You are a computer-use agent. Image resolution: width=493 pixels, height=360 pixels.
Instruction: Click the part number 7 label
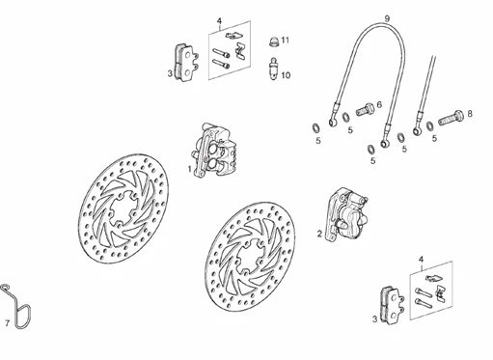pyautogui.click(x=8, y=322)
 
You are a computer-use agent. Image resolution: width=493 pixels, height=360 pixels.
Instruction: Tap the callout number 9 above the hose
pyautogui.click(x=387, y=18)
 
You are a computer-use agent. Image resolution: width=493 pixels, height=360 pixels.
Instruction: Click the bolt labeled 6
pyautogui.click(x=365, y=109)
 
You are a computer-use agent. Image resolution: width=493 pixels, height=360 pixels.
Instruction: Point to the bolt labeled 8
pyautogui.click(x=451, y=118)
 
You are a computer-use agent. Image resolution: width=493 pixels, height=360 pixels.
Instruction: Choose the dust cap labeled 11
pyautogui.click(x=273, y=42)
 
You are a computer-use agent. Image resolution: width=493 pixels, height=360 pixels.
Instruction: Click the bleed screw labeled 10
pyautogui.click(x=273, y=69)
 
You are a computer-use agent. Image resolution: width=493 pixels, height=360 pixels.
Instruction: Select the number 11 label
pyautogui.click(x=286, y=41)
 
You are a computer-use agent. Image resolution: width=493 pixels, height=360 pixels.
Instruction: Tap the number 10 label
pyautogui.click(x=286, y=75)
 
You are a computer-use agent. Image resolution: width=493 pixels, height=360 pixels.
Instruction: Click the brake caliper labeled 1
pyautogui.click(x=214, y=151)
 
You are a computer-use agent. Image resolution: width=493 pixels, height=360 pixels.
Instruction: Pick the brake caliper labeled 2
pyautogui.click(x=346, y=214)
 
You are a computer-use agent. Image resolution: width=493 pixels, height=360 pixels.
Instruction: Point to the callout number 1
pyautogui.click(x=190, y=169)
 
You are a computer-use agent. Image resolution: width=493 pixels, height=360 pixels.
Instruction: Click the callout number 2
pyautogui.click(x=319, y=234)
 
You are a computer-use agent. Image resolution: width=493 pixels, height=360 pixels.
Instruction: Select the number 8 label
pyautogui.click(x=470, y=114)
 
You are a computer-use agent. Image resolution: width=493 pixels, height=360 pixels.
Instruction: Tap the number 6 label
pyautogui.click(x=379, y=104)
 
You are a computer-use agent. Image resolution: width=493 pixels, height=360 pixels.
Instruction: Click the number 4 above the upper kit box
pyautogui.click(x=219, y=21)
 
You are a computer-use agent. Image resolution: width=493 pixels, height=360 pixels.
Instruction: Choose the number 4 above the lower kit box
pyautogui.click(x=422, y=260)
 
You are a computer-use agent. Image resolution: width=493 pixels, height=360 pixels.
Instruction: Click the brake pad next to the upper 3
pyautogui.click(x=186, y=63)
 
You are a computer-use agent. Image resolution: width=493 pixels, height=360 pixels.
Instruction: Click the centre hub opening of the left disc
pyautogui.click(x=123, y=209)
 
